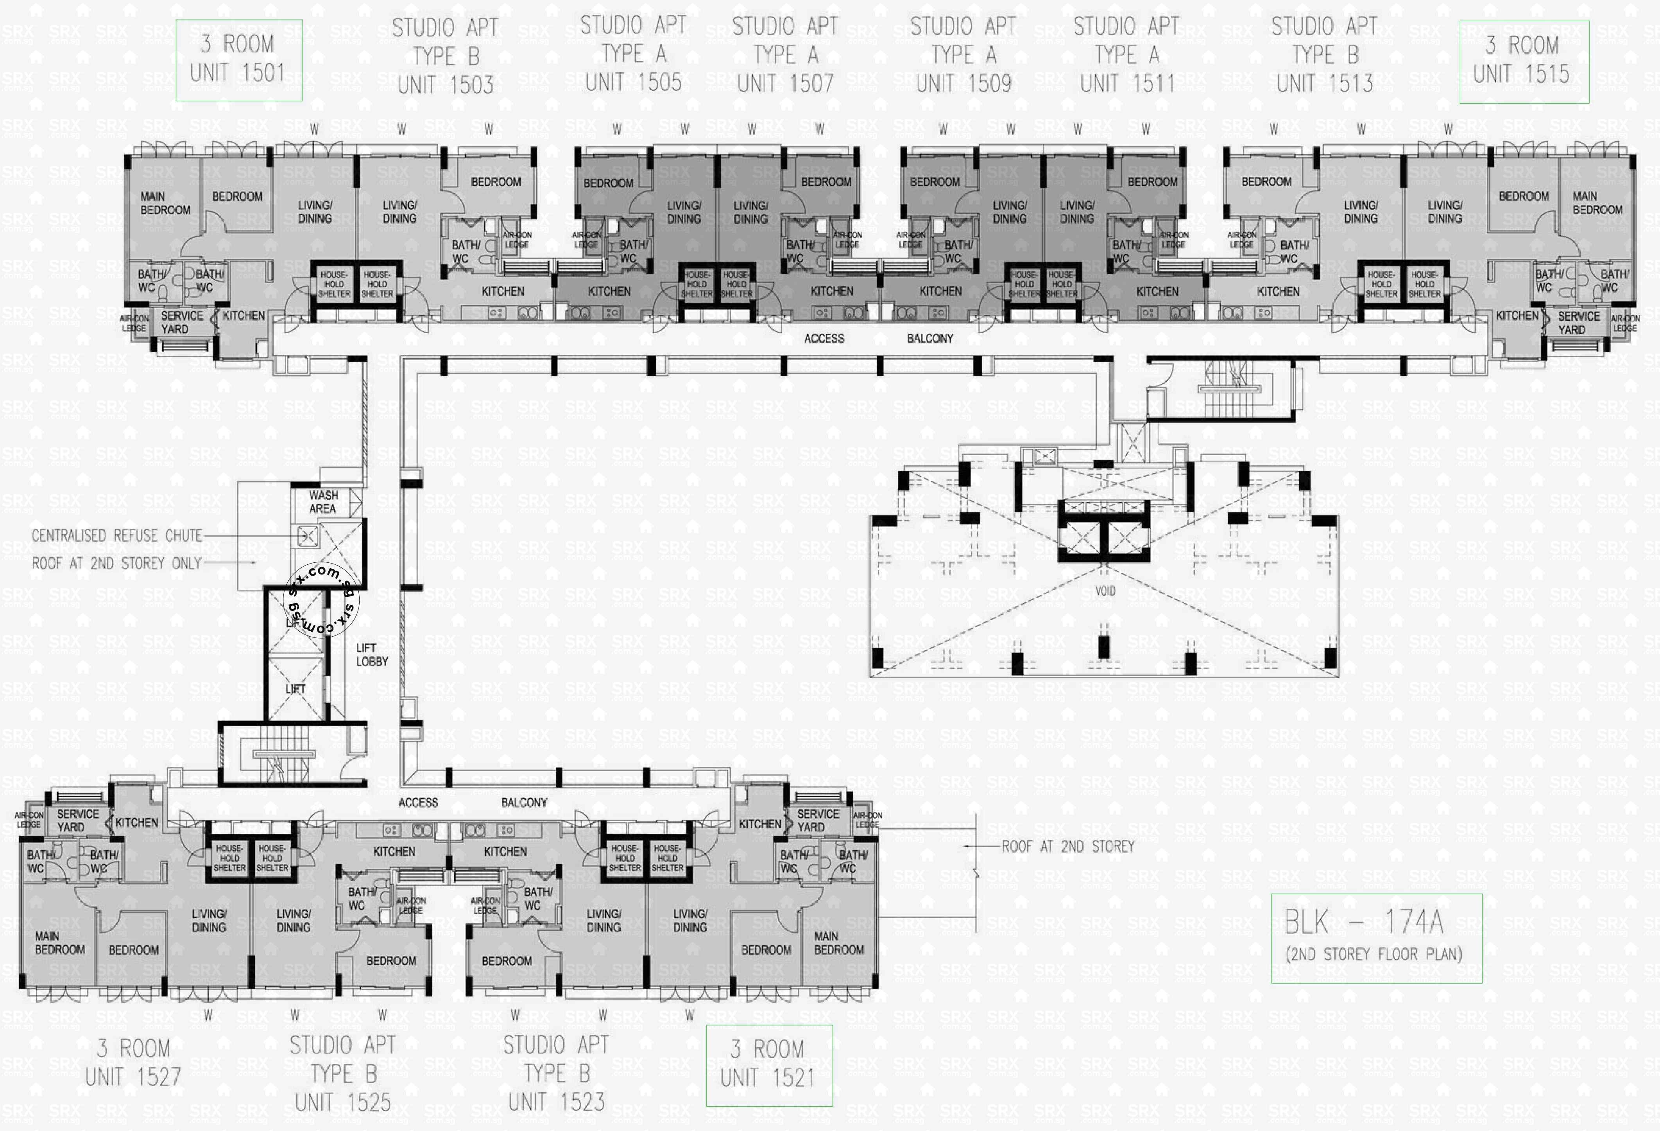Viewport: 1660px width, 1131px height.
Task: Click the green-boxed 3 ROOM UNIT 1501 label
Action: point(238,60)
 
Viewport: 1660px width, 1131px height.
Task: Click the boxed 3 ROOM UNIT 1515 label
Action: point(1524,61)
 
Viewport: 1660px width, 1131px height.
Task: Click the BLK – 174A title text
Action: point(1363,923)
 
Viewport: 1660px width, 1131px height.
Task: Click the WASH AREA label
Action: point(323,501)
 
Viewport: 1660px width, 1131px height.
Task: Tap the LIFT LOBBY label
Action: point(371,654)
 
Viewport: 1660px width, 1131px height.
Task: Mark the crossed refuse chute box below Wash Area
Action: point(307,536)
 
